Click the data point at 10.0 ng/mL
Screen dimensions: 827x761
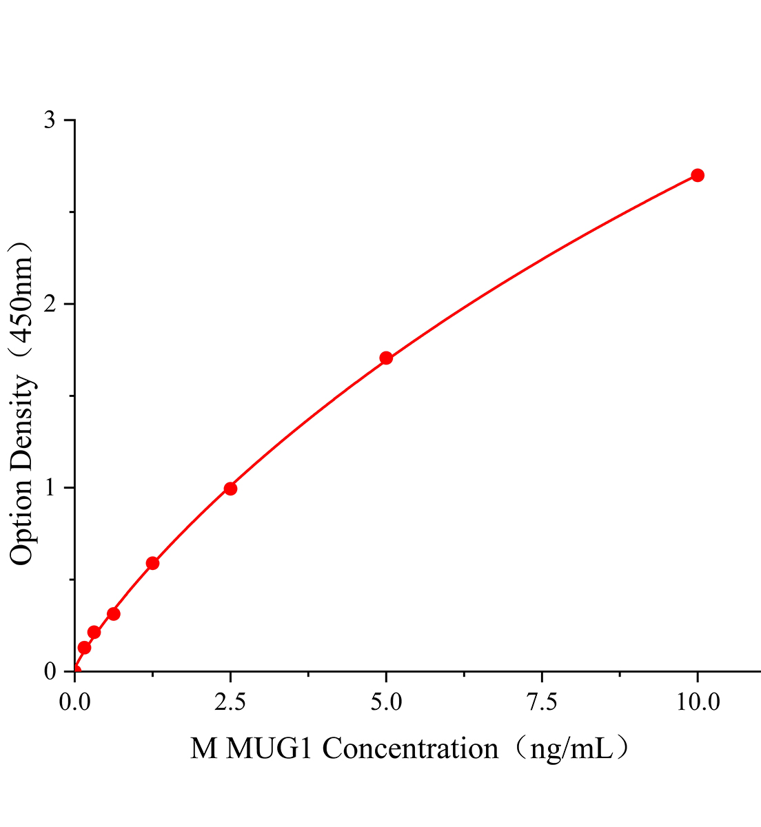698,175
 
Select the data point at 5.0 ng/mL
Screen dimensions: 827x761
386,358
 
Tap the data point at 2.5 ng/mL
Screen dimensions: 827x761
230,489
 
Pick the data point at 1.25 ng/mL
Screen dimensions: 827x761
152,563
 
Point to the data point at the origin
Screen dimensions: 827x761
74,671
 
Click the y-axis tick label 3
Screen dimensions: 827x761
50,121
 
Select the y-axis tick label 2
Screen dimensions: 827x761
50,304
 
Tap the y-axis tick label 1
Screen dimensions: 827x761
50,487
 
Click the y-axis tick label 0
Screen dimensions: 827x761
50,671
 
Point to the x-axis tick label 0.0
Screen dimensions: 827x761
74,702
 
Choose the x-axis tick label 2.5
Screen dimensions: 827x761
230,702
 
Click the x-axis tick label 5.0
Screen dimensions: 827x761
386,702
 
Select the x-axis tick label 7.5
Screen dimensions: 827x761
542,702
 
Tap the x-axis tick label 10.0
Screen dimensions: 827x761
698,702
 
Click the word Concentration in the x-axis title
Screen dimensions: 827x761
410,748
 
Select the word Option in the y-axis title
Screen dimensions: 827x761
21,522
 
